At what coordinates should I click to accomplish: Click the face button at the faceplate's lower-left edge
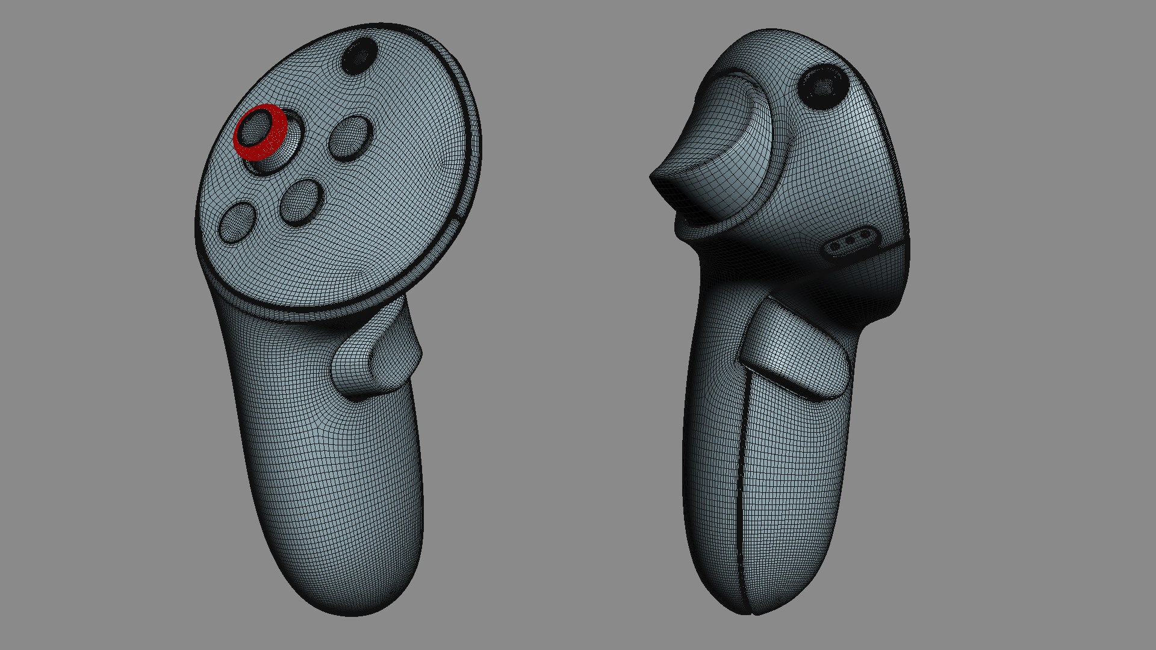237,222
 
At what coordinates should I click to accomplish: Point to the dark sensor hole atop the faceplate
359,56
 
